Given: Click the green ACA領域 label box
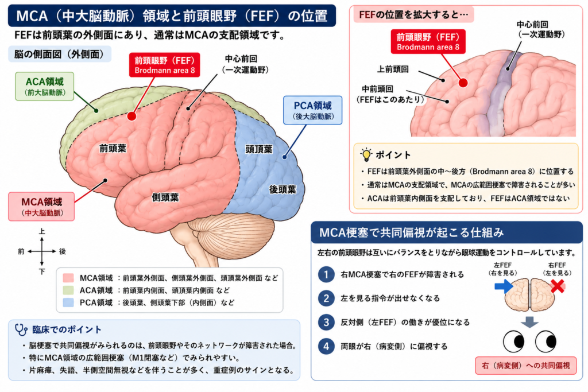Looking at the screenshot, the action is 44,87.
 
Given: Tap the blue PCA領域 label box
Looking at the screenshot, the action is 312,110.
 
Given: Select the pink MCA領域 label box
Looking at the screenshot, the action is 41,207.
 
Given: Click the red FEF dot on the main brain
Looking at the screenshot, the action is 131,116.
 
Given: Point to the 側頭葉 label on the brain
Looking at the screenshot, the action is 165,197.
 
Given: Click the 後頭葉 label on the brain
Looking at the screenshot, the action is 283,189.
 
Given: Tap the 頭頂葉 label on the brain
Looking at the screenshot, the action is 259,150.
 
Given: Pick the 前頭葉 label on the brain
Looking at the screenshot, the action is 113,149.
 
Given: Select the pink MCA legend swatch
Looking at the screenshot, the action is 68,278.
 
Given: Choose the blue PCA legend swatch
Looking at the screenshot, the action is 68,302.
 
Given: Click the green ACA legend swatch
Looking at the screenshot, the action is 68,290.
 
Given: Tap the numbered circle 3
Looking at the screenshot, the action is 326,323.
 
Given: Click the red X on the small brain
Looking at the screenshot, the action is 558,286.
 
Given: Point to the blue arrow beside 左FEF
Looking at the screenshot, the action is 504,287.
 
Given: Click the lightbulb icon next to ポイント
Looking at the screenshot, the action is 366,154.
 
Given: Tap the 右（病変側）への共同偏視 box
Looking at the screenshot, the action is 526,366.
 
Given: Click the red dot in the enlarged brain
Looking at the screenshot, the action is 463,83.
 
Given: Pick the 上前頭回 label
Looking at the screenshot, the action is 393,69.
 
